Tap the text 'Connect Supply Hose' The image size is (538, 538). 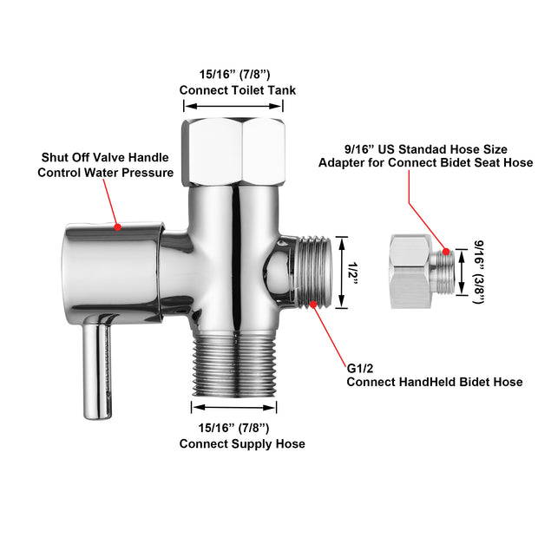click(242, 443)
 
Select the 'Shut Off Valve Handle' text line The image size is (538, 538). click(105, 157)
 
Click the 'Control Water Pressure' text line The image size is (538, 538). click(105, 173)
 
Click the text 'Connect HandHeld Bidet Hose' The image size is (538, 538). click(434, 382)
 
